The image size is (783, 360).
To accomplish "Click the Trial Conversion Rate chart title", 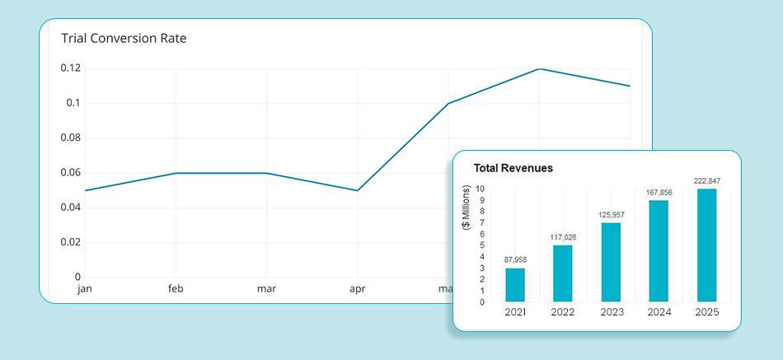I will click(x=124, y=39).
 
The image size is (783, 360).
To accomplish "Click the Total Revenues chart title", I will click(x=513, y=168).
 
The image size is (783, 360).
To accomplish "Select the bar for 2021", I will click(x=514, y=284).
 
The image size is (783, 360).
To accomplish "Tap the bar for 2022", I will click(x=562, y=273).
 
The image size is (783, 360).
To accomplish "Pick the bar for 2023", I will click(x=610, y=262).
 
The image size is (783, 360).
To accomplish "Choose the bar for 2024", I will click(x=658, y=250).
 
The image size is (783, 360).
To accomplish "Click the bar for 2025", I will click(x=706, y=245).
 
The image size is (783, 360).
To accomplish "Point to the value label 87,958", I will click(x=514, y=260).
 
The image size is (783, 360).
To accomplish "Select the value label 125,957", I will click(x=610, y=215).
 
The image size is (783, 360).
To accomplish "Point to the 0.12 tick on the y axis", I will click(x=71, y=68).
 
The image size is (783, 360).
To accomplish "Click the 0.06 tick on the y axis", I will click(x=71, y=172).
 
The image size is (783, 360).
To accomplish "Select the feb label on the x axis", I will click(x=176, y=289).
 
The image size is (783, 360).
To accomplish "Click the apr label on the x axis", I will click(x=357, y=289).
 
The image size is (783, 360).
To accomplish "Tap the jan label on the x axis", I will click(x=84, y=289).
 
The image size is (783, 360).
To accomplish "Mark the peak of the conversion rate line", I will click(x=539, y=68).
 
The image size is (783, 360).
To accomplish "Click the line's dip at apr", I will click(x=357, y=190).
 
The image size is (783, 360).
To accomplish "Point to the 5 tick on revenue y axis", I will click(x=481, y=245).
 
